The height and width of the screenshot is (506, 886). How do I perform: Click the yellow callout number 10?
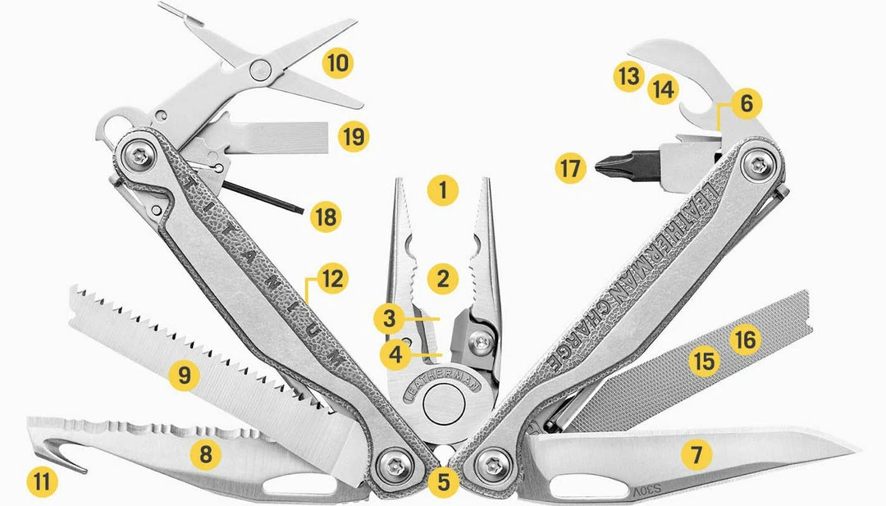point(337,62)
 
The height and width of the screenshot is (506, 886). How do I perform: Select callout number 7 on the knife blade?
point(696,454)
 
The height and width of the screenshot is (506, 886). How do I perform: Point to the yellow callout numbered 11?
point(42,481)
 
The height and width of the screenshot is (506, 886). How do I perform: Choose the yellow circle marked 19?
point(354,135)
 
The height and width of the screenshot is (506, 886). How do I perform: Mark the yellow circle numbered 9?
point(185,376)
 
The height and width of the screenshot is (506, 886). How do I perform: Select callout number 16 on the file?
point(745,339)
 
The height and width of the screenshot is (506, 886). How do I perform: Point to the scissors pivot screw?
point(262,69)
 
